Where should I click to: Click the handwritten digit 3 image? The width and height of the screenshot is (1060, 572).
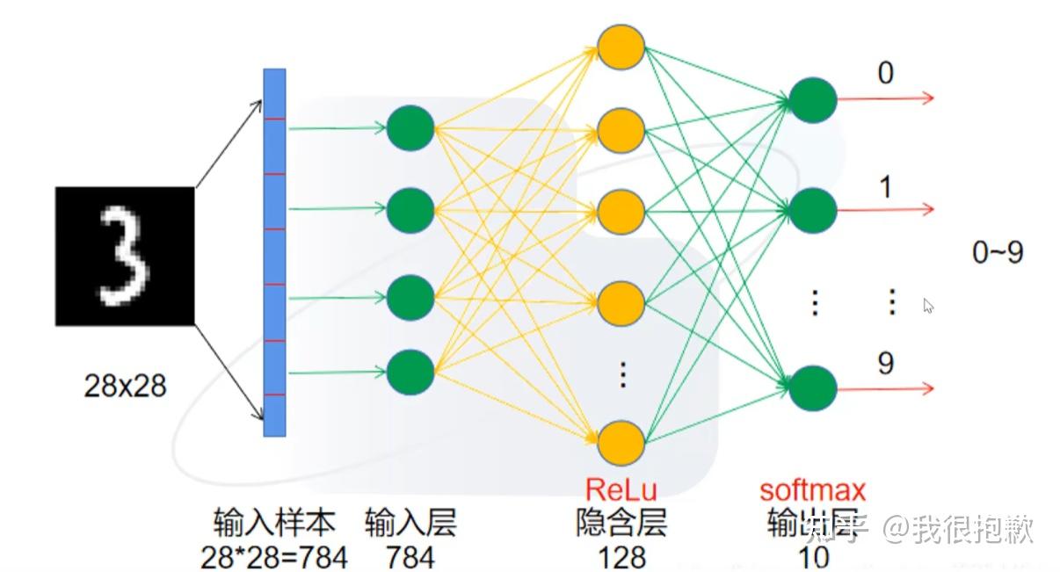pyautogui.click(x=124, y=257)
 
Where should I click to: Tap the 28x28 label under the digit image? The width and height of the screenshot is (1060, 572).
pyautogui.click(x=125, y=385)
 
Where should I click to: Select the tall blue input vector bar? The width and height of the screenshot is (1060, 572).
pyautogui.click(x=275, y=254)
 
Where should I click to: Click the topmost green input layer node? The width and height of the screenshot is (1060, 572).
pyautogui.click(x=410, y=128)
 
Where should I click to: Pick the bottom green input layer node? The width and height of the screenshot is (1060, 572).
pyautogui.click(x=410, y=372)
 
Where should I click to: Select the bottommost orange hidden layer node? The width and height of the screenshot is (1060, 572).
pyautogui.click(x=621, y=442)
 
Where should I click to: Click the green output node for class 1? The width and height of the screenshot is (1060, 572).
pyautogui.click(x=812, y=210)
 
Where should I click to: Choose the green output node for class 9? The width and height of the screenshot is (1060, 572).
pyautogui.click(x=812, y=389)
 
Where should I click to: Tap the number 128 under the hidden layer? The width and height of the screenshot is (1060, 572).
pyautogui.click(x=621, y=557)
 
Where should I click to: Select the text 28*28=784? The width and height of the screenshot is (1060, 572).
pyautogui.click(x=274, y=557)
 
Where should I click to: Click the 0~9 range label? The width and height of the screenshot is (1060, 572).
pyautogui.click(x=998, y=253)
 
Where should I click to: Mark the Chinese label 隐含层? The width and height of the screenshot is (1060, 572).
pyautogui.click(x=621, y=525)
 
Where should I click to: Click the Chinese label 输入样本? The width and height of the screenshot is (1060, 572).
pyautogui.click(x=274, y=525)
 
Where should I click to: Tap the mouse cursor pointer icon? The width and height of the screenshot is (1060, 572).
pyautogui.click(x=928, y=306)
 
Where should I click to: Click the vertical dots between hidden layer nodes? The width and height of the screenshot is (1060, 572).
pyautogui.click(x=622, y=375)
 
